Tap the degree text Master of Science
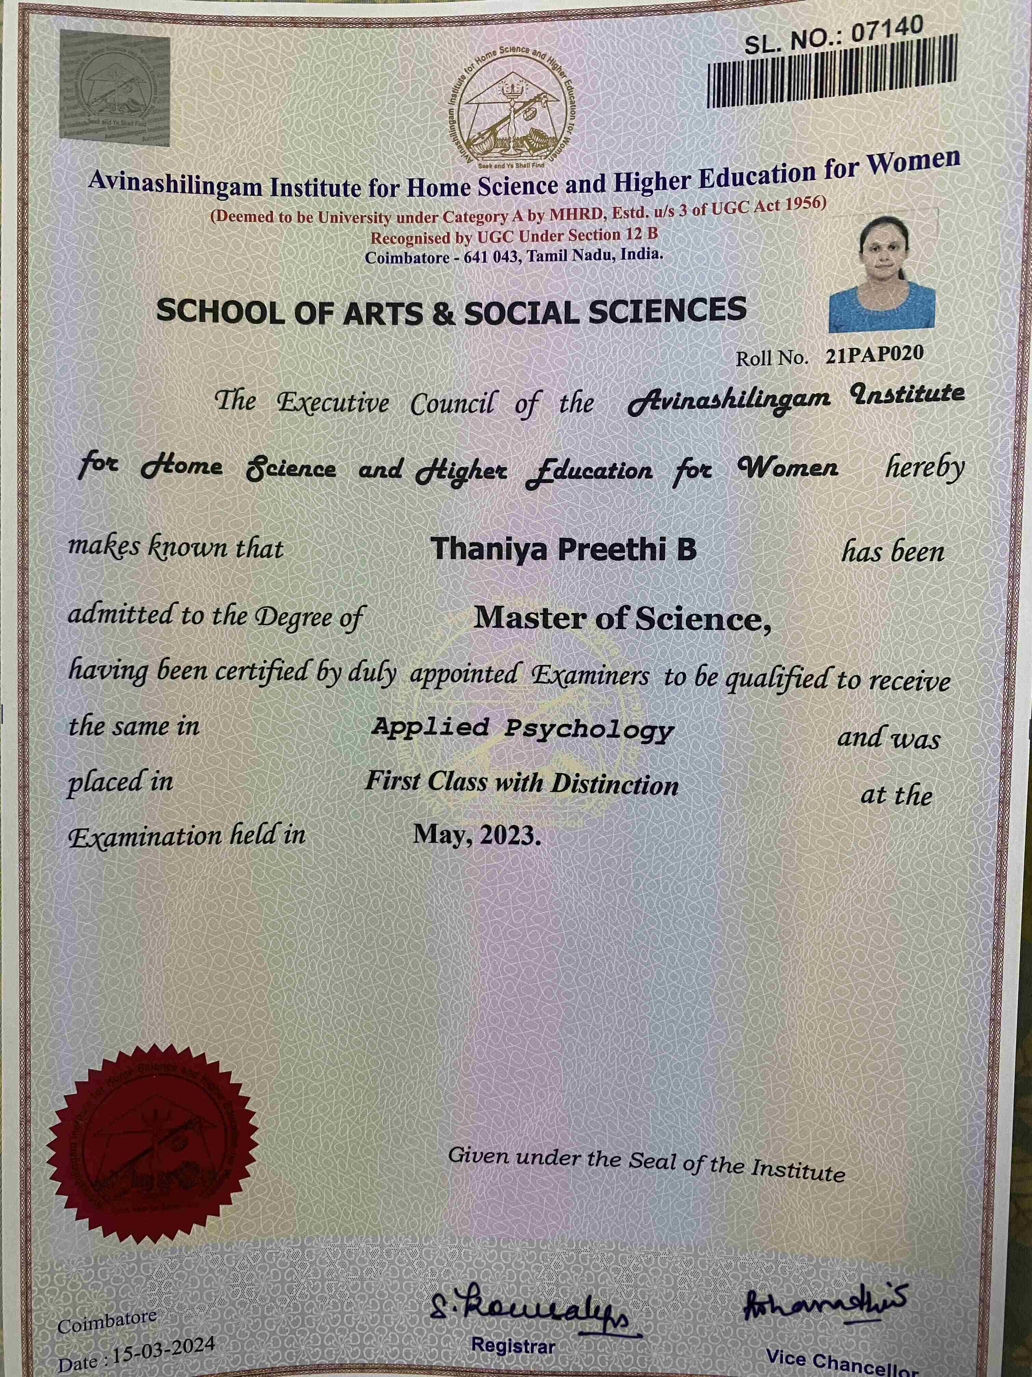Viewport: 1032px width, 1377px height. (x=622, y=618)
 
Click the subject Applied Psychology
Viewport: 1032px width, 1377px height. (x=522, y=728)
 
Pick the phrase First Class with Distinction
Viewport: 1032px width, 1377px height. (x=521, y=782)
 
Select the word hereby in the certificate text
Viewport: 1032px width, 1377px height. (x=924, y=467)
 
